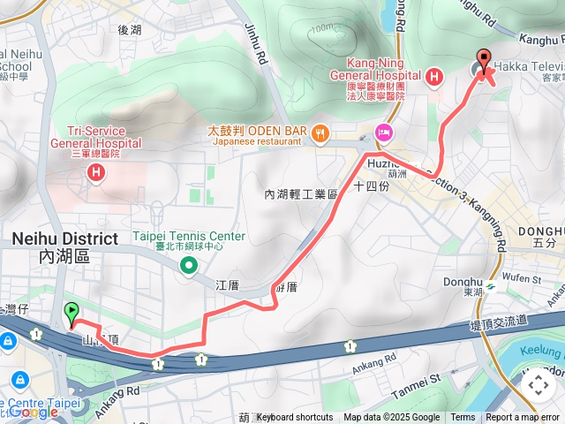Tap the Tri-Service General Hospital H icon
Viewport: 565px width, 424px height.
pyautogui.click(x=95, y=171)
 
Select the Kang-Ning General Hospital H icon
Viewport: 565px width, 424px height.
pyautogui.click(x=433, y=78)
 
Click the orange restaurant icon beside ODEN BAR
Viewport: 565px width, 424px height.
pyautogui.click(x=320, y=134)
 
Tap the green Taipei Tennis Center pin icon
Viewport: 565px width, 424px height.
pyautogui.click(x=188, y=265)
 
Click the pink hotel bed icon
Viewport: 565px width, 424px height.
pyautogui.click(x=384, y=132)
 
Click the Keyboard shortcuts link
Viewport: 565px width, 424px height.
pyautogui.click(x=295, y=418)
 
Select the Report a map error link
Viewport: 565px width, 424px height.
pyautogui.click(x=523, y=418)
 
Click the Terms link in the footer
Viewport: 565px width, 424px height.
pyautogui.click(x=463, y=418)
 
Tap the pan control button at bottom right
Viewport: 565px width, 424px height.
pyautogui.click(x=538, y=384)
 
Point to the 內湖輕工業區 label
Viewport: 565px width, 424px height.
pyautogui.click(x=301, y=194)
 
